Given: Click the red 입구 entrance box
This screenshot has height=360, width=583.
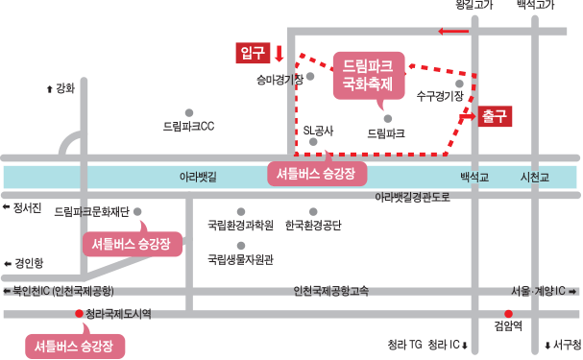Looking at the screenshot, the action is [x=253, y=53].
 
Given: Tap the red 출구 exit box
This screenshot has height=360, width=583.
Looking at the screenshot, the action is [x=495, y=116].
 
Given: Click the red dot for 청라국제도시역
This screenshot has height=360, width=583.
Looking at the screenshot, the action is [x=79, y=314].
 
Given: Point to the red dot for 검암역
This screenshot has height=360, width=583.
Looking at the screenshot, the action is [x=508, y=314].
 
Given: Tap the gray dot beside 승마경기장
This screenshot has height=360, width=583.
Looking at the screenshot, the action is [x=310, y=77].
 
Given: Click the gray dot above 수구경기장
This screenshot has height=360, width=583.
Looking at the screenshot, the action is [x=459, y=84].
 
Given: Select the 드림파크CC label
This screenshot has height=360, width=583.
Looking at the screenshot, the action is [x=189, y=127].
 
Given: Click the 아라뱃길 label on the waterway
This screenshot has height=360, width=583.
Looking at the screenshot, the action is [x=198, y=177].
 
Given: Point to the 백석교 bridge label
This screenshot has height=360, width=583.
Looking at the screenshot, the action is [x=474, y=178].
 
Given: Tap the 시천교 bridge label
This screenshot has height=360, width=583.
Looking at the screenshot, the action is [x=535, y=178].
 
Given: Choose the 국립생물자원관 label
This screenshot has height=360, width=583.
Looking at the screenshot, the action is [x=240, y=259].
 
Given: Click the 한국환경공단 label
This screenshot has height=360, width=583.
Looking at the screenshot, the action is [x=313, y=226].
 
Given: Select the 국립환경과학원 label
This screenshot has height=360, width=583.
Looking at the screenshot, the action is [x=240, y=226].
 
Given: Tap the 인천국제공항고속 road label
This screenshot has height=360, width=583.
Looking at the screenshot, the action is [x=331, y=291].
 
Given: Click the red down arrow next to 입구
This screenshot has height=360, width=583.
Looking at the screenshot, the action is [x=279, y=53].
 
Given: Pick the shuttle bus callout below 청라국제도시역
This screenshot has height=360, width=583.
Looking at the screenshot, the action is [x=75, y=346].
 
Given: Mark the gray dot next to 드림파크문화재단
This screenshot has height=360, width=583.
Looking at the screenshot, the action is [x=137, y=212].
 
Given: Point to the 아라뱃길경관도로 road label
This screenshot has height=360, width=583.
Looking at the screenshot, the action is [x=412, y=197].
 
